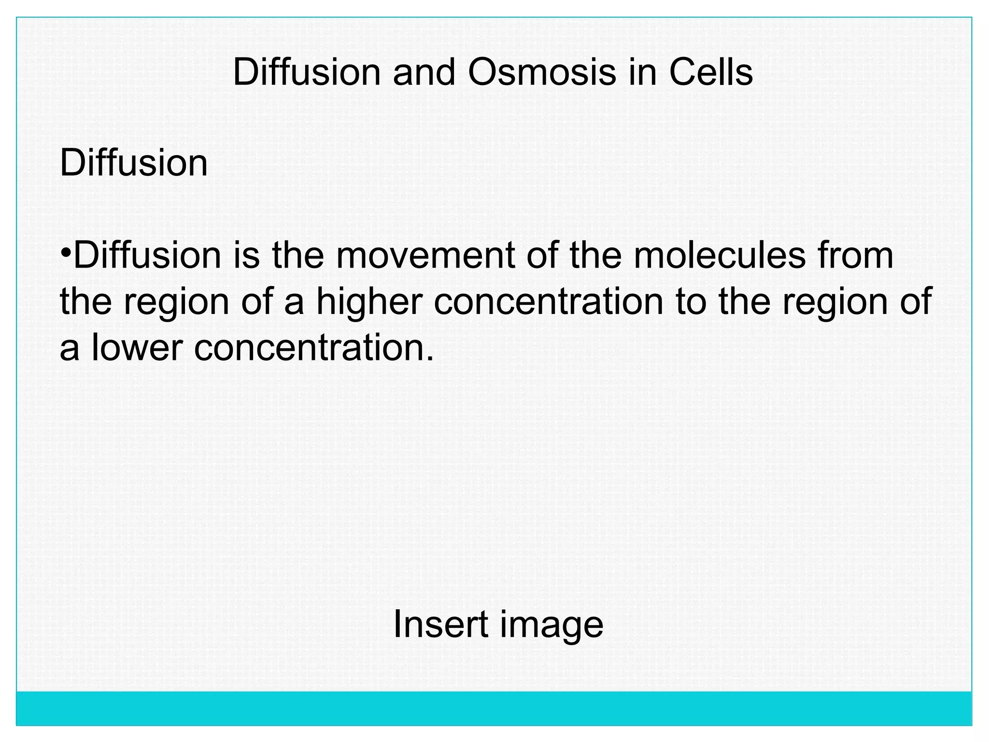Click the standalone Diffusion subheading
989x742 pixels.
pos(133,163)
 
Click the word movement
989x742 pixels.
pos(425,256)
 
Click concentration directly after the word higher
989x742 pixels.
pos(548,301)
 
